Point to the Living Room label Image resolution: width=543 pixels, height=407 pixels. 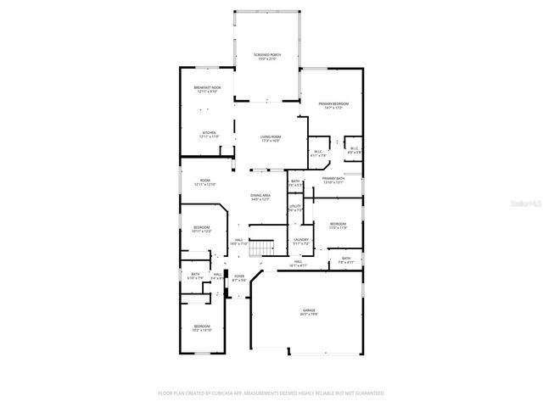[271, 138]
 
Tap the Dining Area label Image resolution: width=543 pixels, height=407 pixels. [260, 197]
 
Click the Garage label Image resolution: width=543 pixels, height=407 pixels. [309, 312]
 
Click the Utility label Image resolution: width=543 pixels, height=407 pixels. [295, 208]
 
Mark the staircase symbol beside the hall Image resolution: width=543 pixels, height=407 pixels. [266, 247]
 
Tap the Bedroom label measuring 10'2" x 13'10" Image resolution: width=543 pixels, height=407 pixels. [201, 327]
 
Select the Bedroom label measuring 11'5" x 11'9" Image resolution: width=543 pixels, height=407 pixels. [338, 226]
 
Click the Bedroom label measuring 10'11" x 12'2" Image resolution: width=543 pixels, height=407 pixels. [201, 229]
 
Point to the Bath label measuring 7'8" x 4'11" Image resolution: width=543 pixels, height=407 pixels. [345, 259]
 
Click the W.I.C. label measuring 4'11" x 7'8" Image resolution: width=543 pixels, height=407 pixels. [318, 154]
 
